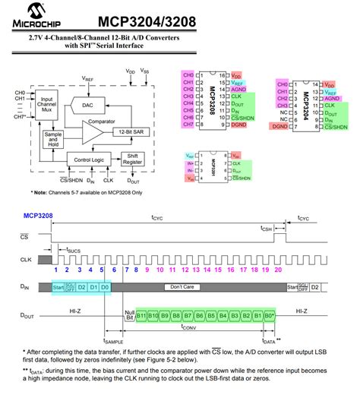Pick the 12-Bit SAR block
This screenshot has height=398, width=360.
pyautogui.click(x=131, y=131)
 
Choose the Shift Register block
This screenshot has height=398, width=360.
pyautogui.click(x=132, y=160)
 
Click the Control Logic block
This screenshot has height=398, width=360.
pyautogui.click(x=89, y=160)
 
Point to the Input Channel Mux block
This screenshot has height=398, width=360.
pyautogui.click(x=46, y=106)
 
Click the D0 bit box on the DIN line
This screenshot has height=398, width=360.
pyautogui.click(x=105, y=286)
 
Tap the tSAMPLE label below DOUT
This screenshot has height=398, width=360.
pyautogui.click(x=112, y=342)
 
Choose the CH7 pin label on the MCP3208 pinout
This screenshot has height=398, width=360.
pyautogui.click(x=188, y=123)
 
